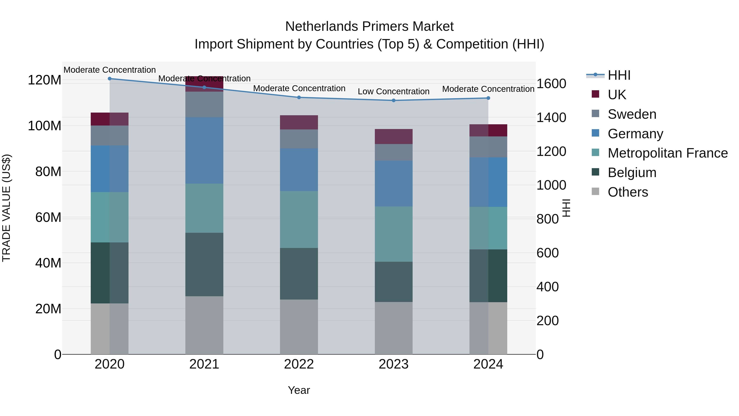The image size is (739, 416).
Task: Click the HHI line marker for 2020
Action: click(x=110, y=79)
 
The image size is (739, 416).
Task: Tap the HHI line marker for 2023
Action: click(x=394, y=100)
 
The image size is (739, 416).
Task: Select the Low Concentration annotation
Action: click(x=393, y=92)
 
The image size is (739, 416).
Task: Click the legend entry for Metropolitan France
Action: click(x=668, y=153)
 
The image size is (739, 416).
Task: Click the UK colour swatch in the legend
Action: click(x=596, y=94)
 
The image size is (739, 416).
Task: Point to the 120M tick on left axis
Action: click(x=45, y=80)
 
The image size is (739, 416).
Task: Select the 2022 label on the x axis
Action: click(x=299, y=364)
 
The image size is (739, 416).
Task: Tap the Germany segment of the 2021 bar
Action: click(x=204, y=150)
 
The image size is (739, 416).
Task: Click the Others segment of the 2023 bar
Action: click(x=394, y=328)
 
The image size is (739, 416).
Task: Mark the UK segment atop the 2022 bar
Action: click(x=299, y=122)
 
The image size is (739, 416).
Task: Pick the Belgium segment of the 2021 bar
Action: click(x=204, y=264)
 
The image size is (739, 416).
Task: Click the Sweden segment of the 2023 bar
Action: click(x=394, y=152)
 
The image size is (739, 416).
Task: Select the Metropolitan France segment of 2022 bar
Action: click(x=299, y=219)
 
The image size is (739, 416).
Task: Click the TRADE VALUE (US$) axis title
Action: click(x=6, y=208)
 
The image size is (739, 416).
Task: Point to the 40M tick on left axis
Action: click(x=48, y=263)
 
